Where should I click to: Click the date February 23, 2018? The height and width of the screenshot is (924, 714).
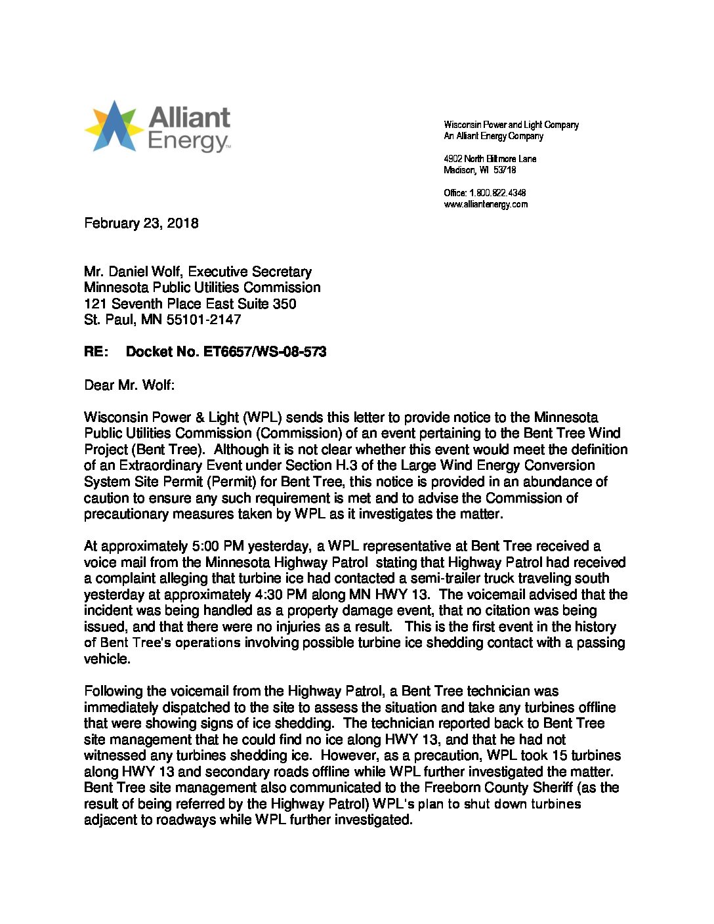[141, 223]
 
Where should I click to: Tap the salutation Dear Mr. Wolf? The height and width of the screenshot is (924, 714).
[129, 385]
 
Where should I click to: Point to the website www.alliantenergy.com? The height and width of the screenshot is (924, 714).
[486, 204]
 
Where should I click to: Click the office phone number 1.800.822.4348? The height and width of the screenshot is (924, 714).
[497, 193]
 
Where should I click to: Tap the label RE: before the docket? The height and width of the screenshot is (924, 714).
[96, 352]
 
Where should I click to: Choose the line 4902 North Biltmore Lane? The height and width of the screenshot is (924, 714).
[490, 159]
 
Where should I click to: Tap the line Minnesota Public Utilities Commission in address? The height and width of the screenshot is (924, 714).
[202, 287]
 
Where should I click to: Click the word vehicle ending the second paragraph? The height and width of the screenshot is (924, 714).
[106, 659]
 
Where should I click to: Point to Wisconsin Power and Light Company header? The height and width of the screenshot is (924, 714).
[511, 125]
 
